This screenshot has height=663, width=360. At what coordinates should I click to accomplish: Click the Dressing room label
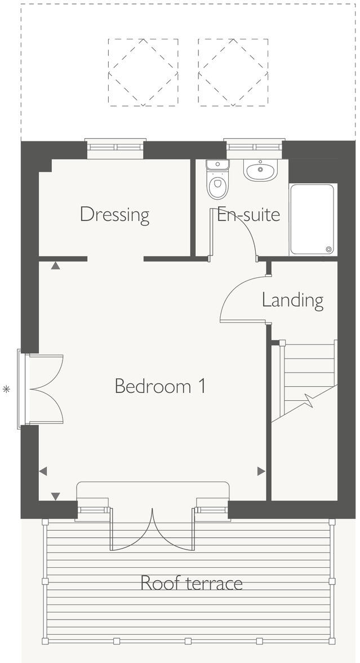114,215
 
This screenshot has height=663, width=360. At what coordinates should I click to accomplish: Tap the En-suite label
248,215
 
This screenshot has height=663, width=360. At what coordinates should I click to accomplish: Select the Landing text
292,300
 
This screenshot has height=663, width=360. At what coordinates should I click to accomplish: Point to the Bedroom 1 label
159,386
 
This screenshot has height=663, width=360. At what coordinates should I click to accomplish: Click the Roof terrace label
192,582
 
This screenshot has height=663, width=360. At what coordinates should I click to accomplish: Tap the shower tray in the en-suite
312,219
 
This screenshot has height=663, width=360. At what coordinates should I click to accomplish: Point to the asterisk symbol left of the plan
7,388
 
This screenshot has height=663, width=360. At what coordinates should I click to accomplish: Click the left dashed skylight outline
143,72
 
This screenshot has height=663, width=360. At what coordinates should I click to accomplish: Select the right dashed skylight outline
233,72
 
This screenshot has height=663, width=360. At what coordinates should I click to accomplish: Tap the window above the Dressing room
115,148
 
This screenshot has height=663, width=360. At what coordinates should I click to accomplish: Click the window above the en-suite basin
254,148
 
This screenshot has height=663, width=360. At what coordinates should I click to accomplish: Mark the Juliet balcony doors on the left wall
42,388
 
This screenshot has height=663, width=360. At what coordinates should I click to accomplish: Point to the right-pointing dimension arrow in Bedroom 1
261,471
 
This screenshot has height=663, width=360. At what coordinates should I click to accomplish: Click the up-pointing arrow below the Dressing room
55,266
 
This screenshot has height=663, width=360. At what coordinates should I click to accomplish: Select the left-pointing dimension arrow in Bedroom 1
43,471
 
